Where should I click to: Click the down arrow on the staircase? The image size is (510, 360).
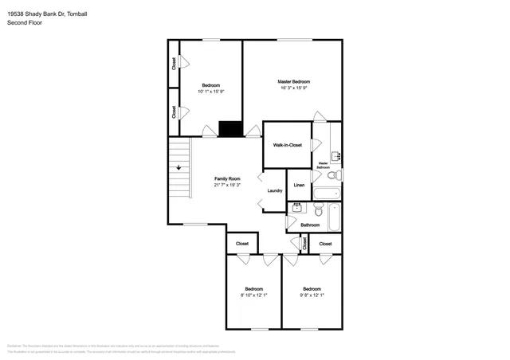point(179,167)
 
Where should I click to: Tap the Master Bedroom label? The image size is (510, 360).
point(293,82)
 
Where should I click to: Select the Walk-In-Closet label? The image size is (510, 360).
point(287,145)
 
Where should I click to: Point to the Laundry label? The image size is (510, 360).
point(275,190)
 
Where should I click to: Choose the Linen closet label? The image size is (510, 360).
point(299,185)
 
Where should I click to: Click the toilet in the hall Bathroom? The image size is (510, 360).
point(318,210)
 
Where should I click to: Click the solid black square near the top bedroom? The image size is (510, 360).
point(230,128)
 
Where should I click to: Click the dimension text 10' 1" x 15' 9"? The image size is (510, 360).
point(210,92)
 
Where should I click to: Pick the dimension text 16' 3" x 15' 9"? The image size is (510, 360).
point(293,88)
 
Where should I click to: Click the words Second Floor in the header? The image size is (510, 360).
point(25,23)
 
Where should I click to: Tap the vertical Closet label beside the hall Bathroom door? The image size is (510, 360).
point(305,244)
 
